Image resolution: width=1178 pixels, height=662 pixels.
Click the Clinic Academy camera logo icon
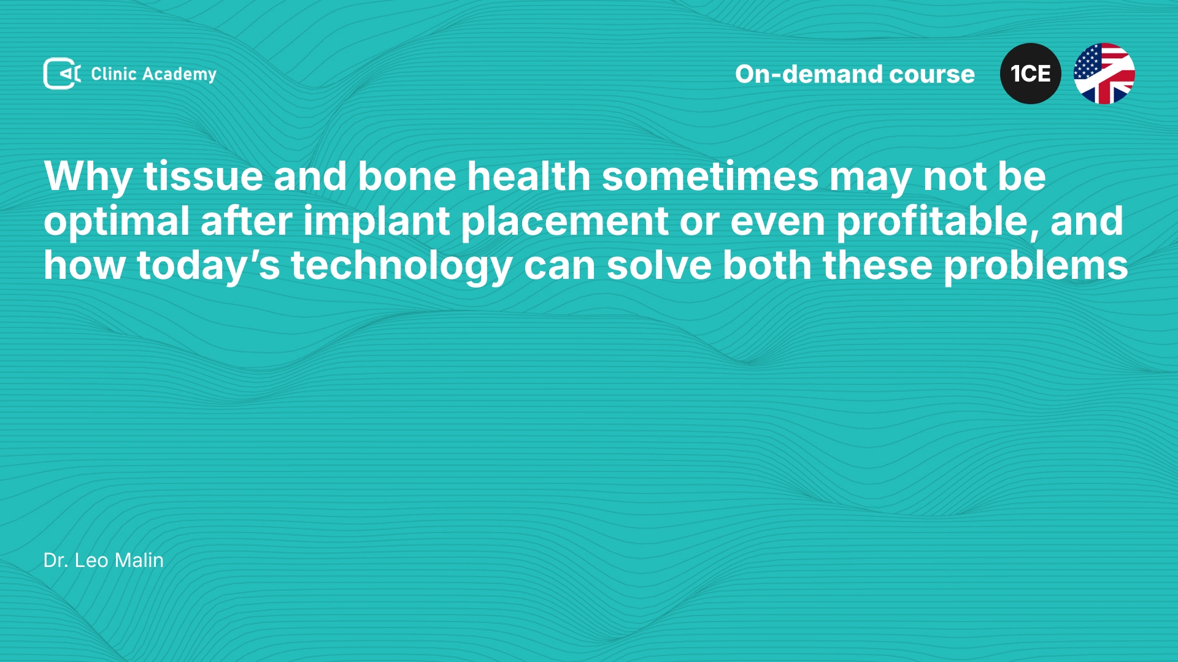click(x=62, y=74)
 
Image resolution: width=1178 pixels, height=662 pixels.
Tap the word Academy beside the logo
click(x=179, y=75)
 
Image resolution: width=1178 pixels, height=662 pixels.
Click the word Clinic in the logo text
click(x=114, y=74)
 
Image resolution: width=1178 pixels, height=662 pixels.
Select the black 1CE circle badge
click(x=1031, y=74)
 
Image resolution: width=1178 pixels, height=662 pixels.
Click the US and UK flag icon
click(x=1104, y=74)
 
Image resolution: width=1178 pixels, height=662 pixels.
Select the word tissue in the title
click(x=203, y=177)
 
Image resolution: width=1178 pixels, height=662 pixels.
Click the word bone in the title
click(x=407, y=177)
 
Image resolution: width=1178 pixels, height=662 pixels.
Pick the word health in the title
click(x=529, y=176)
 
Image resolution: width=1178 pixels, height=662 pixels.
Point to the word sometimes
click(x=710, y=177)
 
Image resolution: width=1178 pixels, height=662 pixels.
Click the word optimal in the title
click(x=117, y=223)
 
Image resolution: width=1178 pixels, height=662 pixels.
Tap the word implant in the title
click(x=376, y=223)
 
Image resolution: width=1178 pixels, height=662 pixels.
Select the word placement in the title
click(x=564, y=223)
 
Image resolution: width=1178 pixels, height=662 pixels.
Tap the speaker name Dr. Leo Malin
click(x=104, y=560)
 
